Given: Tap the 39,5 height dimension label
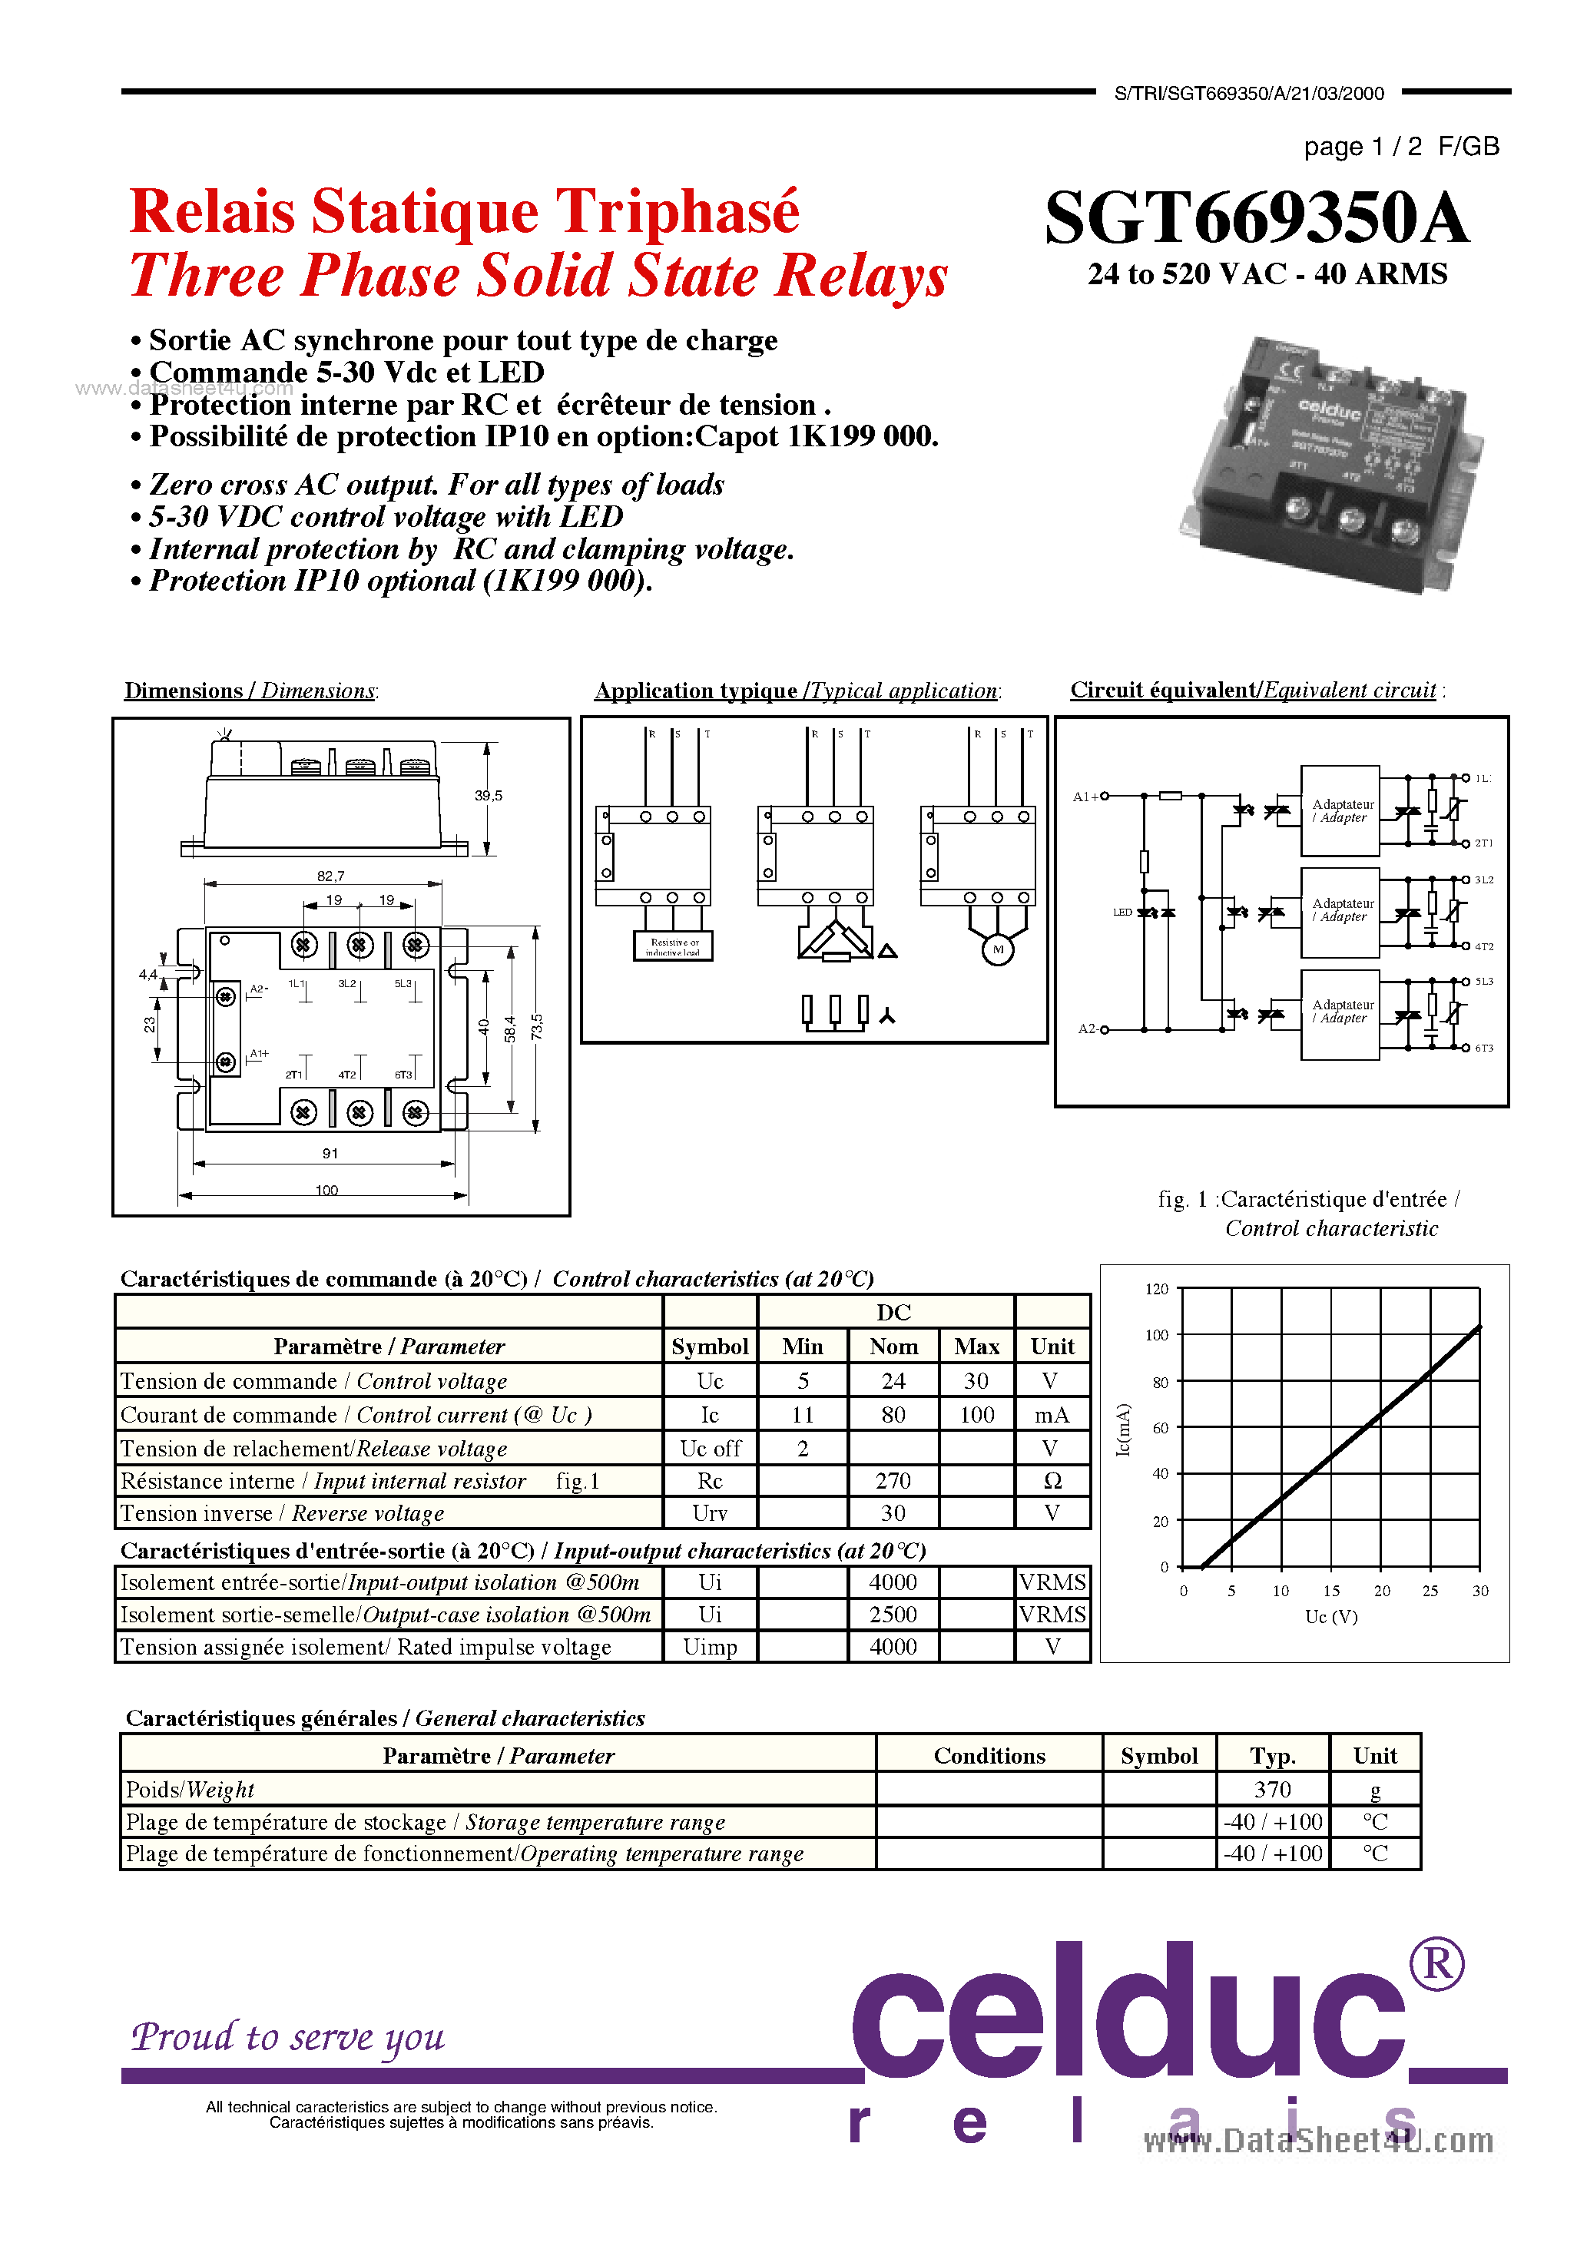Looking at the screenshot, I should pos(489,795).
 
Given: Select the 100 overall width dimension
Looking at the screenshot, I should pos(326,1191).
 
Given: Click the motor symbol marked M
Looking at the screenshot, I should pos(998,949).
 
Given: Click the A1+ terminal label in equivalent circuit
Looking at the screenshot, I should pos(1085,797).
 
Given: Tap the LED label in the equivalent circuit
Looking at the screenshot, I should pos(1122,912).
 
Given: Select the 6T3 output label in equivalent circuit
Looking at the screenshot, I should pos(1484,1048).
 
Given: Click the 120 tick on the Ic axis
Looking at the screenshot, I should pos(1157,1289).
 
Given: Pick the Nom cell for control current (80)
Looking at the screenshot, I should pos(893,1415).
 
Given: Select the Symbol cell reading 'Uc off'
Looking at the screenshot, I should pos(711,1448).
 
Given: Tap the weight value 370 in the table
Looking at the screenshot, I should pos(1272,1789).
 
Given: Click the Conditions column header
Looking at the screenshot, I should pos(989,1756).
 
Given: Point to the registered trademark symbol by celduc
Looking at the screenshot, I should pos(1436,1964).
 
